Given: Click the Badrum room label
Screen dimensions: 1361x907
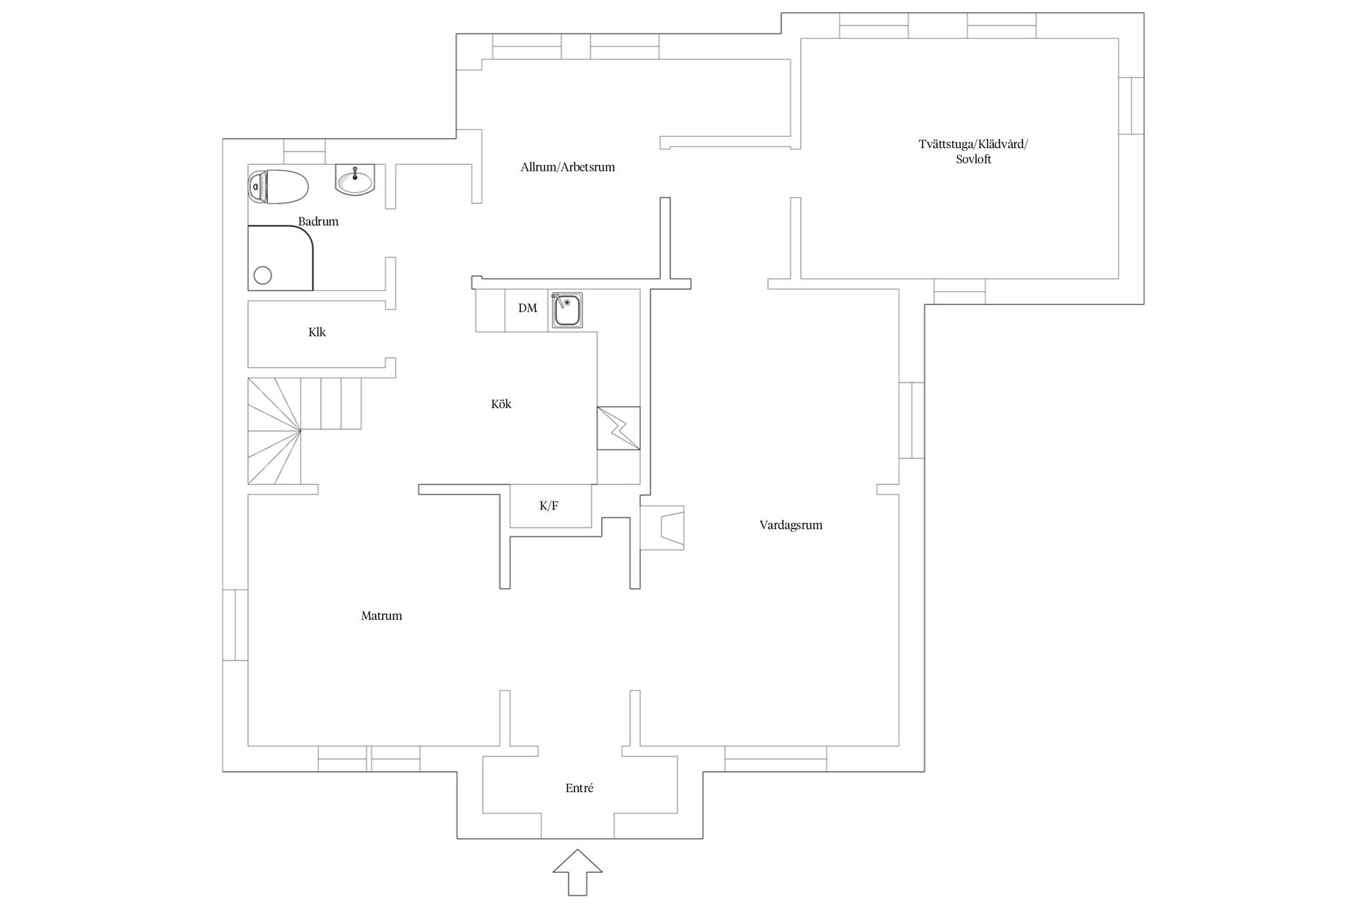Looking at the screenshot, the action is coord(318,222).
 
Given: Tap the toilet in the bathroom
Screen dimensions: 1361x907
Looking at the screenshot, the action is coord(278,186).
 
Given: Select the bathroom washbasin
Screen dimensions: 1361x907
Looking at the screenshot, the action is coord(354,179).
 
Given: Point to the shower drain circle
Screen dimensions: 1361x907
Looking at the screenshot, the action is coord(263,275).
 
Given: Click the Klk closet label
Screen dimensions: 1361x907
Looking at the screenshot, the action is coord(317,332).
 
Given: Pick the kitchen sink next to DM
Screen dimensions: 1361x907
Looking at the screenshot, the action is coord(566,310).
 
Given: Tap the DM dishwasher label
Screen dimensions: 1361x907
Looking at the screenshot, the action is coord(527,308).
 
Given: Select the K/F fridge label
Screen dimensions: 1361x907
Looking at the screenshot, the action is coord(549,506).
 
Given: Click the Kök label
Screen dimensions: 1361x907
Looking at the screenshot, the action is coord(501,404).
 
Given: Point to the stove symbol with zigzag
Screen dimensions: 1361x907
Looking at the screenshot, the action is coord(618,428).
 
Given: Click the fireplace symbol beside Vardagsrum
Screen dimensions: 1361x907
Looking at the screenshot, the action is coord(663,528).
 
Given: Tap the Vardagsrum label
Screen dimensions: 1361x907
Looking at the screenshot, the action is coord(791,525).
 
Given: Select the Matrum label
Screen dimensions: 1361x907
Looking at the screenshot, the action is coord(381,616).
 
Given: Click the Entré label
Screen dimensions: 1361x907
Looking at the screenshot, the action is coord(579,788).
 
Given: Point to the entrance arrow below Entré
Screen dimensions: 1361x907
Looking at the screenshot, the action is coord(578,872).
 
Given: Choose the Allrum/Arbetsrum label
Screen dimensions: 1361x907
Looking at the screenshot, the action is coord(568,167).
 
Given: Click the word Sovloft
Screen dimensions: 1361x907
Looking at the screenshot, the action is coord(973,159).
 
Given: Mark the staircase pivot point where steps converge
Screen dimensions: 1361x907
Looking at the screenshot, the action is coord(300,430).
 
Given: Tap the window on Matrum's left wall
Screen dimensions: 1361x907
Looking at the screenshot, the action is coord(235,625).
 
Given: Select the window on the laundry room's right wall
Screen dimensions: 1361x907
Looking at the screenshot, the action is coord(1131,106).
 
